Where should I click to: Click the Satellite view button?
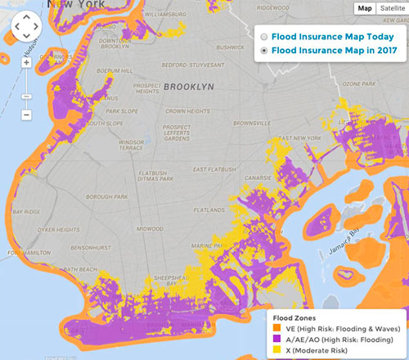[390, 8]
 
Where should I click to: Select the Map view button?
[364, 8]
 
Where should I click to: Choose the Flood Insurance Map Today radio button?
[263, 37]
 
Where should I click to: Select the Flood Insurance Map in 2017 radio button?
[263, 51]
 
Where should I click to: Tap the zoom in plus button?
[26, 61]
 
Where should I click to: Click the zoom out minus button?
[26, 115]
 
